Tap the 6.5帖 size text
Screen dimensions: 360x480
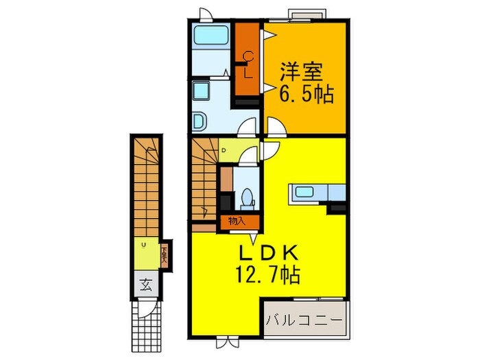305,95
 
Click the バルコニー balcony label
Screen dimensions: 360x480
305,320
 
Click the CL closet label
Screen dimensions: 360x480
248,64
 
